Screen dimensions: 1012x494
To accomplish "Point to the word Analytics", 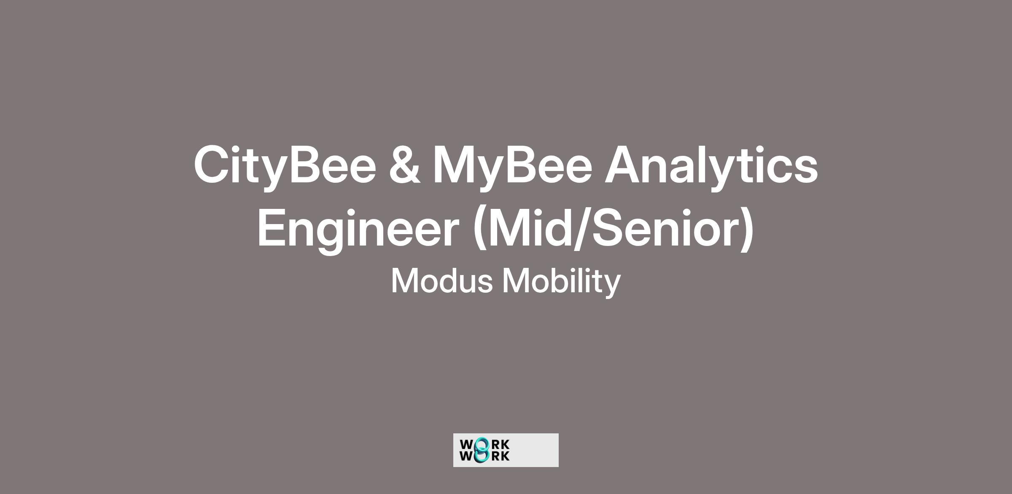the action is (x=711, y=166).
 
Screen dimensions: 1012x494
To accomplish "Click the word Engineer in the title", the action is (x=358, y=230).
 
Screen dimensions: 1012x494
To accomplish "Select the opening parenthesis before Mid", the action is (x=480, y=230).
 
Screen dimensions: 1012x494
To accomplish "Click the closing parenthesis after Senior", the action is (x=747, y=230).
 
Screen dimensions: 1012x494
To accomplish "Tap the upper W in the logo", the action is (x=467, y=445).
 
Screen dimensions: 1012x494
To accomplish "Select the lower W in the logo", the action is (x=467, y=456).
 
